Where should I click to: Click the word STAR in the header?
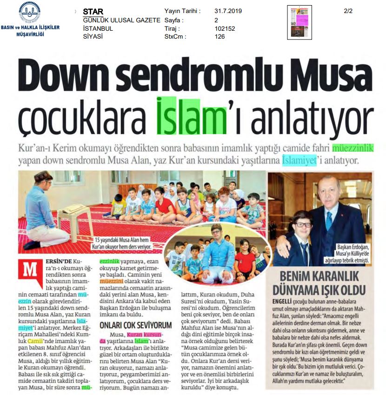(x=93, y=11)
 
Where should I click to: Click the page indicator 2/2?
(x=348, y=11)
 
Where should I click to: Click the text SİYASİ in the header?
(x=93, y=37)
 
